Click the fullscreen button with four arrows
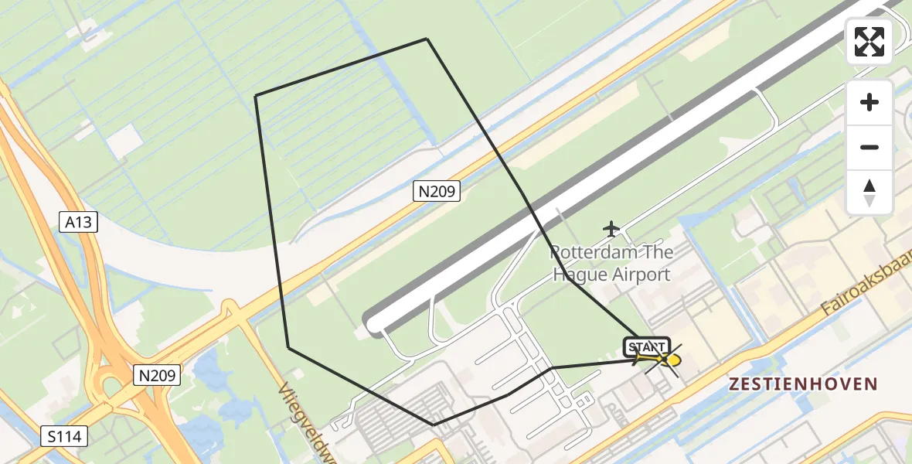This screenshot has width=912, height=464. click(x=869, y=42)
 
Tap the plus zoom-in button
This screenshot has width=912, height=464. click(x=869, y=102)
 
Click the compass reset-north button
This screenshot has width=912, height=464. click(x=869, y=193)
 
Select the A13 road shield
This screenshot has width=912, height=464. click(x=78, y=223)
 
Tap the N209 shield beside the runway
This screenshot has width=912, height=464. click(x=437, y=191)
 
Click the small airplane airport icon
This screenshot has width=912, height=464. click(x=612, y=229)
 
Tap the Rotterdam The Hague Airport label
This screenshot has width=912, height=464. click(x=611, y=263)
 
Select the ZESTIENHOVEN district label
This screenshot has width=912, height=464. click(x=804, y=384)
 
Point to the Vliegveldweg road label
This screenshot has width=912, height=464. click(x=305, y=421)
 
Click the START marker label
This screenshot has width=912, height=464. click(x=647, y=346)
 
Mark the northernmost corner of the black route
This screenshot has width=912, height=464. click(x=427, y=39)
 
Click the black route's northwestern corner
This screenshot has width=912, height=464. click(x=256, y=96)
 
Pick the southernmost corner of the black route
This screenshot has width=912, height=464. click(x=434, y=425)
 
